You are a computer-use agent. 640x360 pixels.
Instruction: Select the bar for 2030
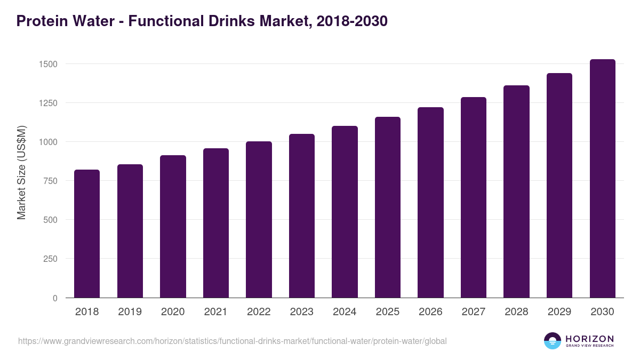click(x=602, y=179)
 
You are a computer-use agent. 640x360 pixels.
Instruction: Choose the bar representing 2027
click(x=474, y=197)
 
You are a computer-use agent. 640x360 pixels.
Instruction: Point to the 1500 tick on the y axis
click(x=47, y=64)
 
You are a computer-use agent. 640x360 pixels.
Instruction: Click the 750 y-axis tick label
click(x=50, y=181)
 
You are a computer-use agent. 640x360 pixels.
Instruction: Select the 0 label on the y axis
click(x=54, y=298)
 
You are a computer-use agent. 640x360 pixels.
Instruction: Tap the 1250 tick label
click(x=47, y=103)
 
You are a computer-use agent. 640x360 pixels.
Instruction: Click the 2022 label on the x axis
click(x=259, y=312)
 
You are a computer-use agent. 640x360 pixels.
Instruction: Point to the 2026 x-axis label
click(x=430, y=312)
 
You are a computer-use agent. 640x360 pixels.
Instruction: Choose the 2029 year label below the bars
click(x=559, y=312)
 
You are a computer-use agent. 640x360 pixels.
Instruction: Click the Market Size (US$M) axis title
click(x=21, y=173)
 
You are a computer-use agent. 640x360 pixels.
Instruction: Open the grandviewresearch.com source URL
click(x=232, y=341)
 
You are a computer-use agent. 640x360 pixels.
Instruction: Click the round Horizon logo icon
click(x=553, y=341)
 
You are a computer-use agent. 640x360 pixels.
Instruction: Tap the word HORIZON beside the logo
click(x=589, y=338)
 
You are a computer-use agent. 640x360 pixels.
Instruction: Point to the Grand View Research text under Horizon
click(x=589, y=346)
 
